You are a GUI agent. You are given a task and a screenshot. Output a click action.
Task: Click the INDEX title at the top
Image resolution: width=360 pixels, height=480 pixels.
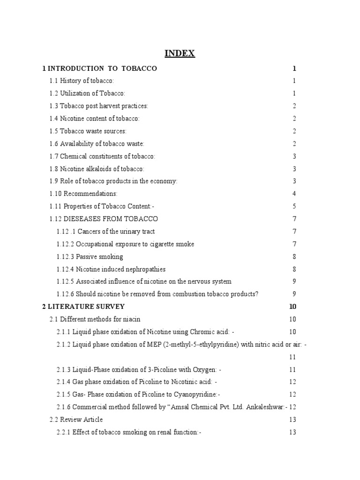180,53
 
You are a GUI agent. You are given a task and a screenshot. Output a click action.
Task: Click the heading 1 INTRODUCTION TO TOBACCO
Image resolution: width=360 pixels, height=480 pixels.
99,68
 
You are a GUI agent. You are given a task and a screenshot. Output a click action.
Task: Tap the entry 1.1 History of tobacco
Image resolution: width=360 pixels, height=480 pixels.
82,81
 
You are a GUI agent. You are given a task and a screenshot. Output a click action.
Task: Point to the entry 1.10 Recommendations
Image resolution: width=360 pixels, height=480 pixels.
83,193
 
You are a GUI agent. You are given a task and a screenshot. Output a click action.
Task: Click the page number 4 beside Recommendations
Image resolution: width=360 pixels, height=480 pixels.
294,193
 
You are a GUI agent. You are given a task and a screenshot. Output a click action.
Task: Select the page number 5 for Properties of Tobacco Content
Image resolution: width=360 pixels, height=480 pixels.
294,206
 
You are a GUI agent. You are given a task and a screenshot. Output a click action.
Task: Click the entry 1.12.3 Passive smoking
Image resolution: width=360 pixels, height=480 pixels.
90,256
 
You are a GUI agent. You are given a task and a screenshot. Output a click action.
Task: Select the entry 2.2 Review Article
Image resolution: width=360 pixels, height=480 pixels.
76,420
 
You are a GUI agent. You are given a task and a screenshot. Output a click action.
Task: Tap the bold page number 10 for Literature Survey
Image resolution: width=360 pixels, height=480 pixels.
293,307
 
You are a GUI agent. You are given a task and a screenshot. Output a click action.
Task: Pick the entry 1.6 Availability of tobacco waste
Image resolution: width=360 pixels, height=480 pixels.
97,144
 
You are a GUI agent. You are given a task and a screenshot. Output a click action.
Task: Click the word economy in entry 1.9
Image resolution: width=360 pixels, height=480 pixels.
164,181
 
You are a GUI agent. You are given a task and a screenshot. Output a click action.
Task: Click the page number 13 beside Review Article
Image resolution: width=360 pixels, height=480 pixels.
292,420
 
